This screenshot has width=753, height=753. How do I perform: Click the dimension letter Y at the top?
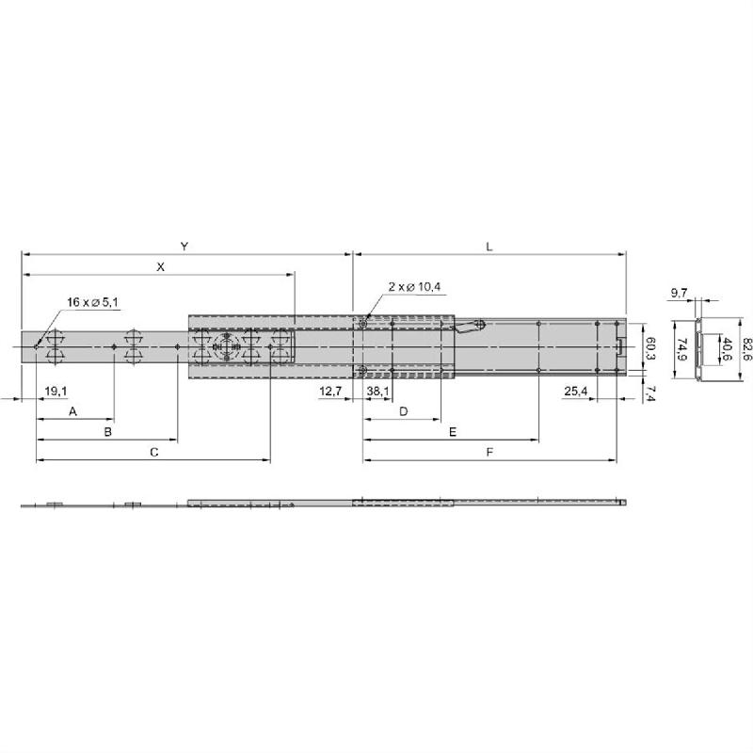tap(184, 246)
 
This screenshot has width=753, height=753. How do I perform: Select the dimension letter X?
tap(160, 267)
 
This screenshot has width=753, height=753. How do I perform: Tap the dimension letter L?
tap(489, 246)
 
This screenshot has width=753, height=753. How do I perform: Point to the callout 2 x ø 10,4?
tap(415, 286)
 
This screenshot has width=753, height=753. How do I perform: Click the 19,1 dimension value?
tap(56, 390)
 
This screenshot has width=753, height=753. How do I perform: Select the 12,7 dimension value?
tap(330, 390)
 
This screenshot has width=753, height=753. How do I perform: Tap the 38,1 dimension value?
tap(378, 390)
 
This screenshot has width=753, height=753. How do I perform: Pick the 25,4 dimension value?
tap(577, 390)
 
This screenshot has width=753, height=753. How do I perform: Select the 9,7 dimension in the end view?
tap(679, 295)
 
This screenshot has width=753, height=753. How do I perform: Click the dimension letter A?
tap(73, 411)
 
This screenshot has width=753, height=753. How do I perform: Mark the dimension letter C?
tap(153, 453)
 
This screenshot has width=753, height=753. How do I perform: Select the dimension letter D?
tap(403, 411)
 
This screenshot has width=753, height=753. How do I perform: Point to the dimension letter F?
tap(489, 453)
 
